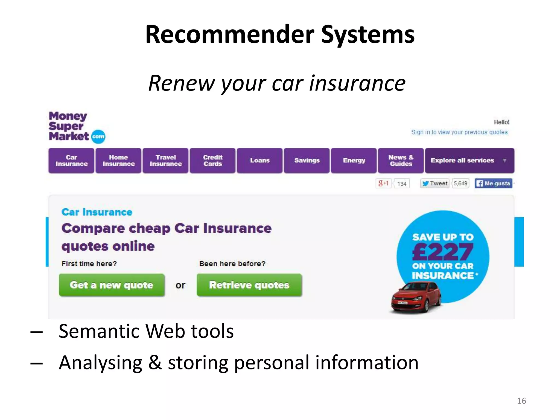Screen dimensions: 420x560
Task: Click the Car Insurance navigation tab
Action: click(x=71, y=161)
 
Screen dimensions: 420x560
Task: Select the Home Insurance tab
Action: click(x=118, y=161)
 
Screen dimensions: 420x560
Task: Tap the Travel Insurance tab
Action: click(x=166, y=161)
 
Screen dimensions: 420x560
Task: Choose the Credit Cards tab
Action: click(x=213, y=161)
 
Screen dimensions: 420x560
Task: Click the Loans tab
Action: click(x=260, y=161)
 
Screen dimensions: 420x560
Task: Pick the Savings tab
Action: click(x=307, y=161)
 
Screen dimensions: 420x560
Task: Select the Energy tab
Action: click(x=354, y=161)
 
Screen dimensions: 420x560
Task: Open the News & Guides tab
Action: click(x=401, y=161)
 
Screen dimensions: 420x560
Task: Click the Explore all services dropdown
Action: click(x=469, y=161)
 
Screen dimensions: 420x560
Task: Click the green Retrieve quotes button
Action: click(x=249, y=285)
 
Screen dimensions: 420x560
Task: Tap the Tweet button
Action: click(x=435, y=183)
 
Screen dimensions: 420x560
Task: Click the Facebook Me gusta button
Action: click(x=493, y=183)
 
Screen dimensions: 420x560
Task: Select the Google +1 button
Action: click(x=383, y=183)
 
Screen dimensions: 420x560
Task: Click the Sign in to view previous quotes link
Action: click(x=459, y=132)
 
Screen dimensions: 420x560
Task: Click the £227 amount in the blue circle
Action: click(x=443, y=252)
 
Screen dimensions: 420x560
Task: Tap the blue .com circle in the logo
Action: click(x=98, y=136)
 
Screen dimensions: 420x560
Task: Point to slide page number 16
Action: click(x=521, y=401)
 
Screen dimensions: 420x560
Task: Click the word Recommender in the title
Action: click(x=230, y=34)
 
